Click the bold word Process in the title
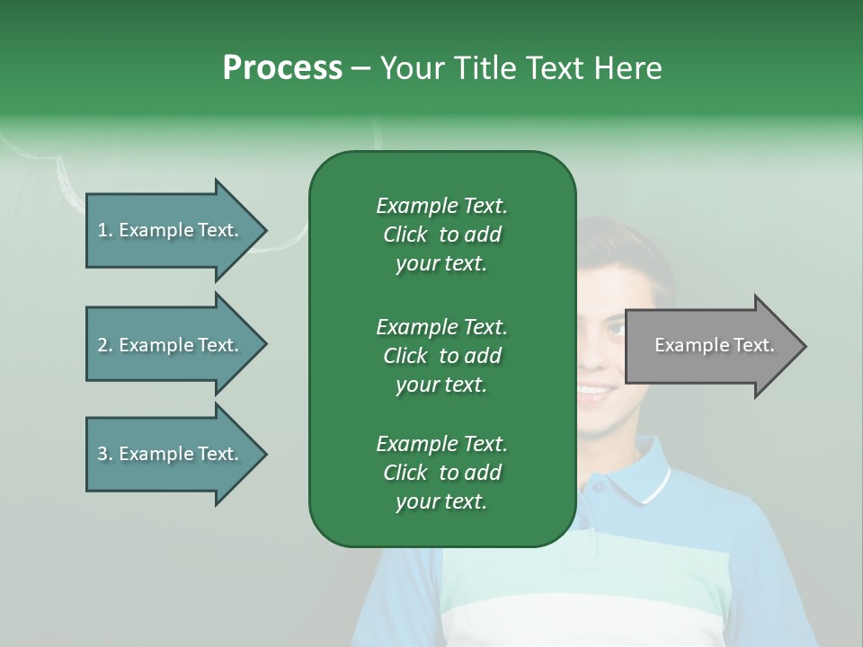[282, 68]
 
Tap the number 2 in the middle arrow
[102, 345]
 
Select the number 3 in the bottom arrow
[102, 454]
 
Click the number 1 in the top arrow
[102, 230]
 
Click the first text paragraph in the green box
[441, 235]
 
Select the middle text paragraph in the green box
[441, 355]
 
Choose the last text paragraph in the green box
[441, 473]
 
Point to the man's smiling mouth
[596, 390]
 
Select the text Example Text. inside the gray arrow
[715, 345]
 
